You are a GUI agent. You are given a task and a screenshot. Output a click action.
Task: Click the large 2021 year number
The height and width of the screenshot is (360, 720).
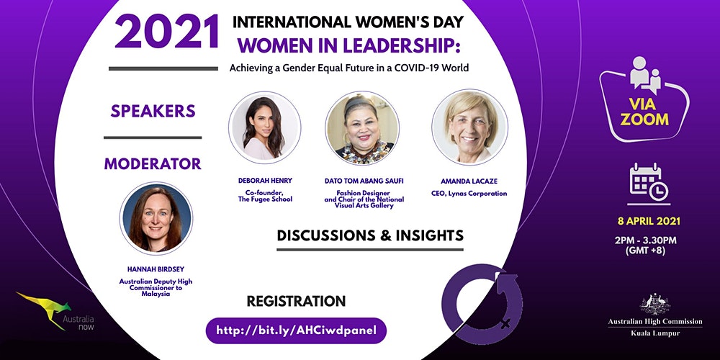(166, 32)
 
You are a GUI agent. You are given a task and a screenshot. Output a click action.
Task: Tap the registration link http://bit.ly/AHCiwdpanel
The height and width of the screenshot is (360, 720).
(296, 330)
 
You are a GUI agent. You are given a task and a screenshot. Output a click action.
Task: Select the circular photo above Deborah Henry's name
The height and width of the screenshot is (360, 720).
(264, 127)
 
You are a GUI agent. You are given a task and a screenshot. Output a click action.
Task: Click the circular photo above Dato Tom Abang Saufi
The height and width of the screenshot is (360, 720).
(362, 127)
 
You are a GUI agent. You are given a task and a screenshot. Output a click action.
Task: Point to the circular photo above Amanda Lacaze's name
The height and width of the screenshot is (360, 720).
(469, 127)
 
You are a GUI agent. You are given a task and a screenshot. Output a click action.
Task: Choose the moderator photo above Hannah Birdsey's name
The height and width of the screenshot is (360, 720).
(156, 219)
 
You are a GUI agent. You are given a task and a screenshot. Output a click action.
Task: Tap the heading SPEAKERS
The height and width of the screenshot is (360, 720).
(153, 111)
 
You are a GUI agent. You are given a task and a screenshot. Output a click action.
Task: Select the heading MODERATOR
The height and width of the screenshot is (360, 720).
(153, 163)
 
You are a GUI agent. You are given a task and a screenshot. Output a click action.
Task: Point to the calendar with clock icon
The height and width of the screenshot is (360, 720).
(649, 182)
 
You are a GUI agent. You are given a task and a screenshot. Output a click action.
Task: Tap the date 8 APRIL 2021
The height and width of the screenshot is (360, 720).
(649, 221)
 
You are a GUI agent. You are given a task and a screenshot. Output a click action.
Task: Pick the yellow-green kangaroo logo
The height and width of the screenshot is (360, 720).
(44, 309)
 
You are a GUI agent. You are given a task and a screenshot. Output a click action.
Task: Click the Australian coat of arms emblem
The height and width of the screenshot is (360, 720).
(654, 304)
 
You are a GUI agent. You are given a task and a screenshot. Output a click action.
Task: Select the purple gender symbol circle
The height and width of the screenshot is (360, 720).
(482, 304)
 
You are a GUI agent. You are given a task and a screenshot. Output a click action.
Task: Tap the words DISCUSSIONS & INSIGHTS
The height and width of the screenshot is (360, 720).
(370, 235)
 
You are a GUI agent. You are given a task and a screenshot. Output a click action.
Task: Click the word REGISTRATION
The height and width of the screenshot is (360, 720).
(296, 301)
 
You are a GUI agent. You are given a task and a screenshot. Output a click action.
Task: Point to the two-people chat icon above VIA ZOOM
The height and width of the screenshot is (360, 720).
(644, 73)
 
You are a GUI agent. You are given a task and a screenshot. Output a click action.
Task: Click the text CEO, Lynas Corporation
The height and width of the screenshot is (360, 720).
(469, 194)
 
